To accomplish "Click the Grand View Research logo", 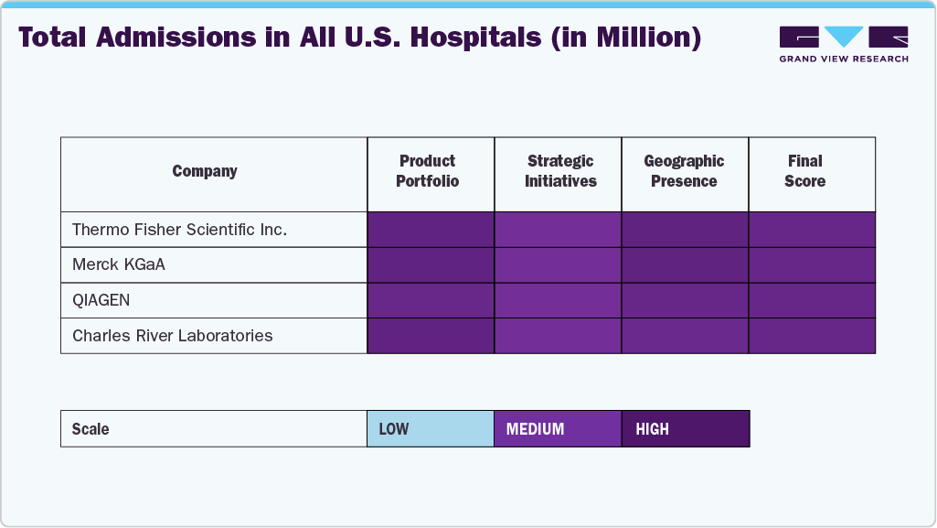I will (x=843, y=44).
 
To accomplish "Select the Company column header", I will (x=205, y=171).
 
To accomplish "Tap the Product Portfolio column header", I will (x=428, y=171).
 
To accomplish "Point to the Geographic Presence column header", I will (x=684, y=171).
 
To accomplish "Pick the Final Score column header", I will (x=804, y=171).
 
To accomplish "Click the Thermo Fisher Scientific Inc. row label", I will (x=179, y=230).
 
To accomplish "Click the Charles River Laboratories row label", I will (x=172, y=336).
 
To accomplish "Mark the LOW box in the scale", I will (x=431, y=429).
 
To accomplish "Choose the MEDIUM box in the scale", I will (x=558, y=429).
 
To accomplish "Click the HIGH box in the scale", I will (x=685, y=429).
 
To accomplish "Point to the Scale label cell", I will (x=213, y=429).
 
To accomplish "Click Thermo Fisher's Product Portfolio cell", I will (x=431, y=230).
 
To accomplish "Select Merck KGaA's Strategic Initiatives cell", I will (x=558, y=265).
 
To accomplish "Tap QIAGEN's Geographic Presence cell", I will (x=685, y=300).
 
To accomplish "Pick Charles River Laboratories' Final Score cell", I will (x=812, y=336).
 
